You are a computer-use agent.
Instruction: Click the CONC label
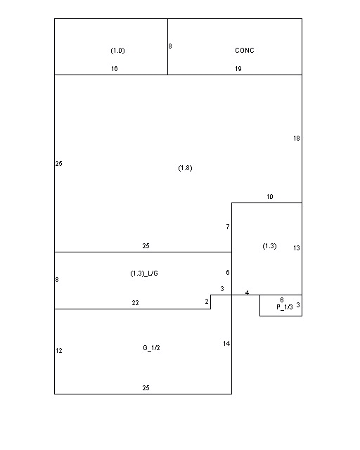245,51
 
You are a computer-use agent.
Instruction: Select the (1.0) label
117,51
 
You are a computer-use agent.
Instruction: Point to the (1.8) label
185,168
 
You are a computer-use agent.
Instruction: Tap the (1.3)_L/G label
144,274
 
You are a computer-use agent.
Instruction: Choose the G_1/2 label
151,348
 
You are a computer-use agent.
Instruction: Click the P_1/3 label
285,307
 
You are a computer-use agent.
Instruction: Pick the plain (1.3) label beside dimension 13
269,246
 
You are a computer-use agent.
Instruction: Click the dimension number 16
115,69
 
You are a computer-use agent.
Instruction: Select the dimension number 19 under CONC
238,69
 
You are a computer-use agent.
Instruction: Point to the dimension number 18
297,139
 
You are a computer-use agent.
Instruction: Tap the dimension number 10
270,197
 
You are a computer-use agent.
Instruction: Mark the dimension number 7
228,227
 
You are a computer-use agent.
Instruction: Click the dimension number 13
297,248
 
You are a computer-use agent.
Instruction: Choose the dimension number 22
135,303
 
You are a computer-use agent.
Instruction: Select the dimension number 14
226,344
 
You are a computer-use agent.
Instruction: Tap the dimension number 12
59,351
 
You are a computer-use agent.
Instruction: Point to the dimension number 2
207,302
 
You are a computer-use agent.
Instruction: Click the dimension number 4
247,292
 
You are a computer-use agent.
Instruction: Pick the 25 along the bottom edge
146,388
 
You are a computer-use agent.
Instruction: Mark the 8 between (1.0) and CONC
170,46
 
